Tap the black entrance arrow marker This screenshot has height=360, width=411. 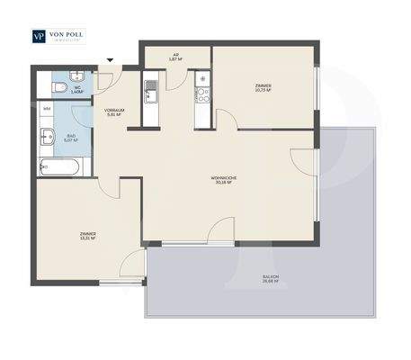[111, 61]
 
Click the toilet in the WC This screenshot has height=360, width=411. [58, 87]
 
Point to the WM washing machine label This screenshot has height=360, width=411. [47, 109]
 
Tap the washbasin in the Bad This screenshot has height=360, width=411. [46, 138]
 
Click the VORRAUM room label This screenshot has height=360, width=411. [113, 112]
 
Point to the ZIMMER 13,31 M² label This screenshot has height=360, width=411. [87, 236]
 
